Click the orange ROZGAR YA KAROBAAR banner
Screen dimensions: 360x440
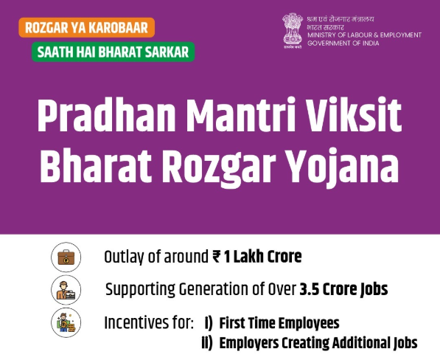[87, 28]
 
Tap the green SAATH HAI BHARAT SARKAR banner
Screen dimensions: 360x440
[113, 52]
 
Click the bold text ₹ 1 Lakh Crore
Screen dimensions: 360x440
[256, 257]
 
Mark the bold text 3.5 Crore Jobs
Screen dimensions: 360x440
[343, 289]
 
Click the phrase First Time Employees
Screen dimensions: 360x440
[279, 322]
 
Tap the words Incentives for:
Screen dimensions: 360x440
[150, 322]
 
